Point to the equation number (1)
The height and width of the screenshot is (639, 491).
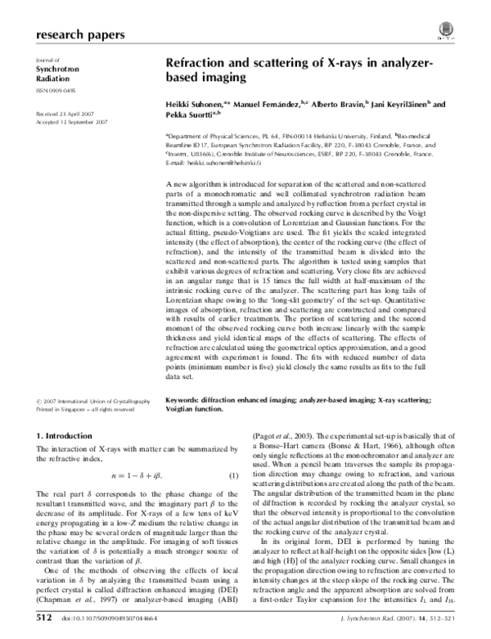[x=232, y=475]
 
